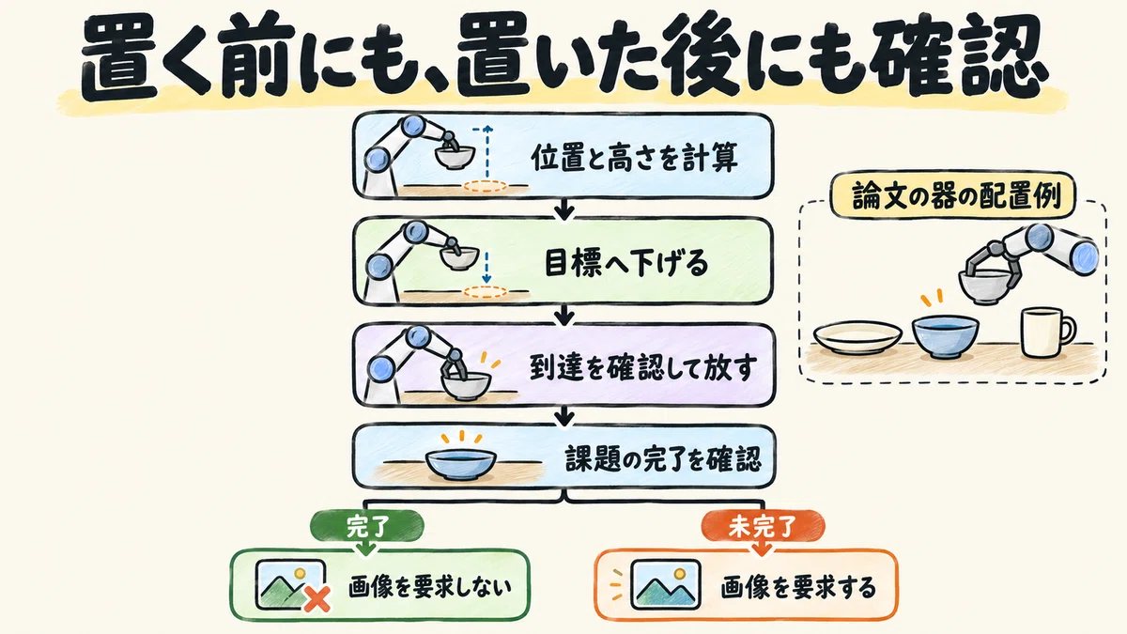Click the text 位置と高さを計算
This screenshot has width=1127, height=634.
635,158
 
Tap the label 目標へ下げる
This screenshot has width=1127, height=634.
626,263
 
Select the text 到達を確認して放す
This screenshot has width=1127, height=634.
642,367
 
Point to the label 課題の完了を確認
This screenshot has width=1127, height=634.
663,458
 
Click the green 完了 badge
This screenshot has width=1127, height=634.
367,526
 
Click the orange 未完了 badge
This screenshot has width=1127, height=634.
763,526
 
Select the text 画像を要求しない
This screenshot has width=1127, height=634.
430,587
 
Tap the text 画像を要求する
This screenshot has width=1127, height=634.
798,587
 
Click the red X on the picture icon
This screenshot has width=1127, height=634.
317,599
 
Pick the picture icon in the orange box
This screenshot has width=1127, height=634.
666,584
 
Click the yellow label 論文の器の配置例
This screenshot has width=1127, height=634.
952,195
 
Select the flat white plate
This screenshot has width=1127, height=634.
857,336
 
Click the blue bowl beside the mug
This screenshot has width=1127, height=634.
946,336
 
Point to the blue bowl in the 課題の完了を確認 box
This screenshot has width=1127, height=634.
461,463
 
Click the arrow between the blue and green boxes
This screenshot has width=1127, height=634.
564,209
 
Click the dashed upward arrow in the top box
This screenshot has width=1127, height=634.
486,152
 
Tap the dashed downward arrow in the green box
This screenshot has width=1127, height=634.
486,268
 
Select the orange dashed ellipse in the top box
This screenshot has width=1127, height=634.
485,186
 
